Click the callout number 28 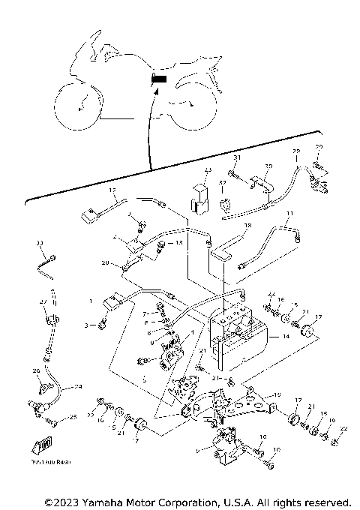coord(295,151)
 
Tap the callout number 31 coord(235,158)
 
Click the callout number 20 coord(106,262)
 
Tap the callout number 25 coord(73,417)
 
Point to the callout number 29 coord(318,147)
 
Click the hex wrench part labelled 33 coord(46,265)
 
